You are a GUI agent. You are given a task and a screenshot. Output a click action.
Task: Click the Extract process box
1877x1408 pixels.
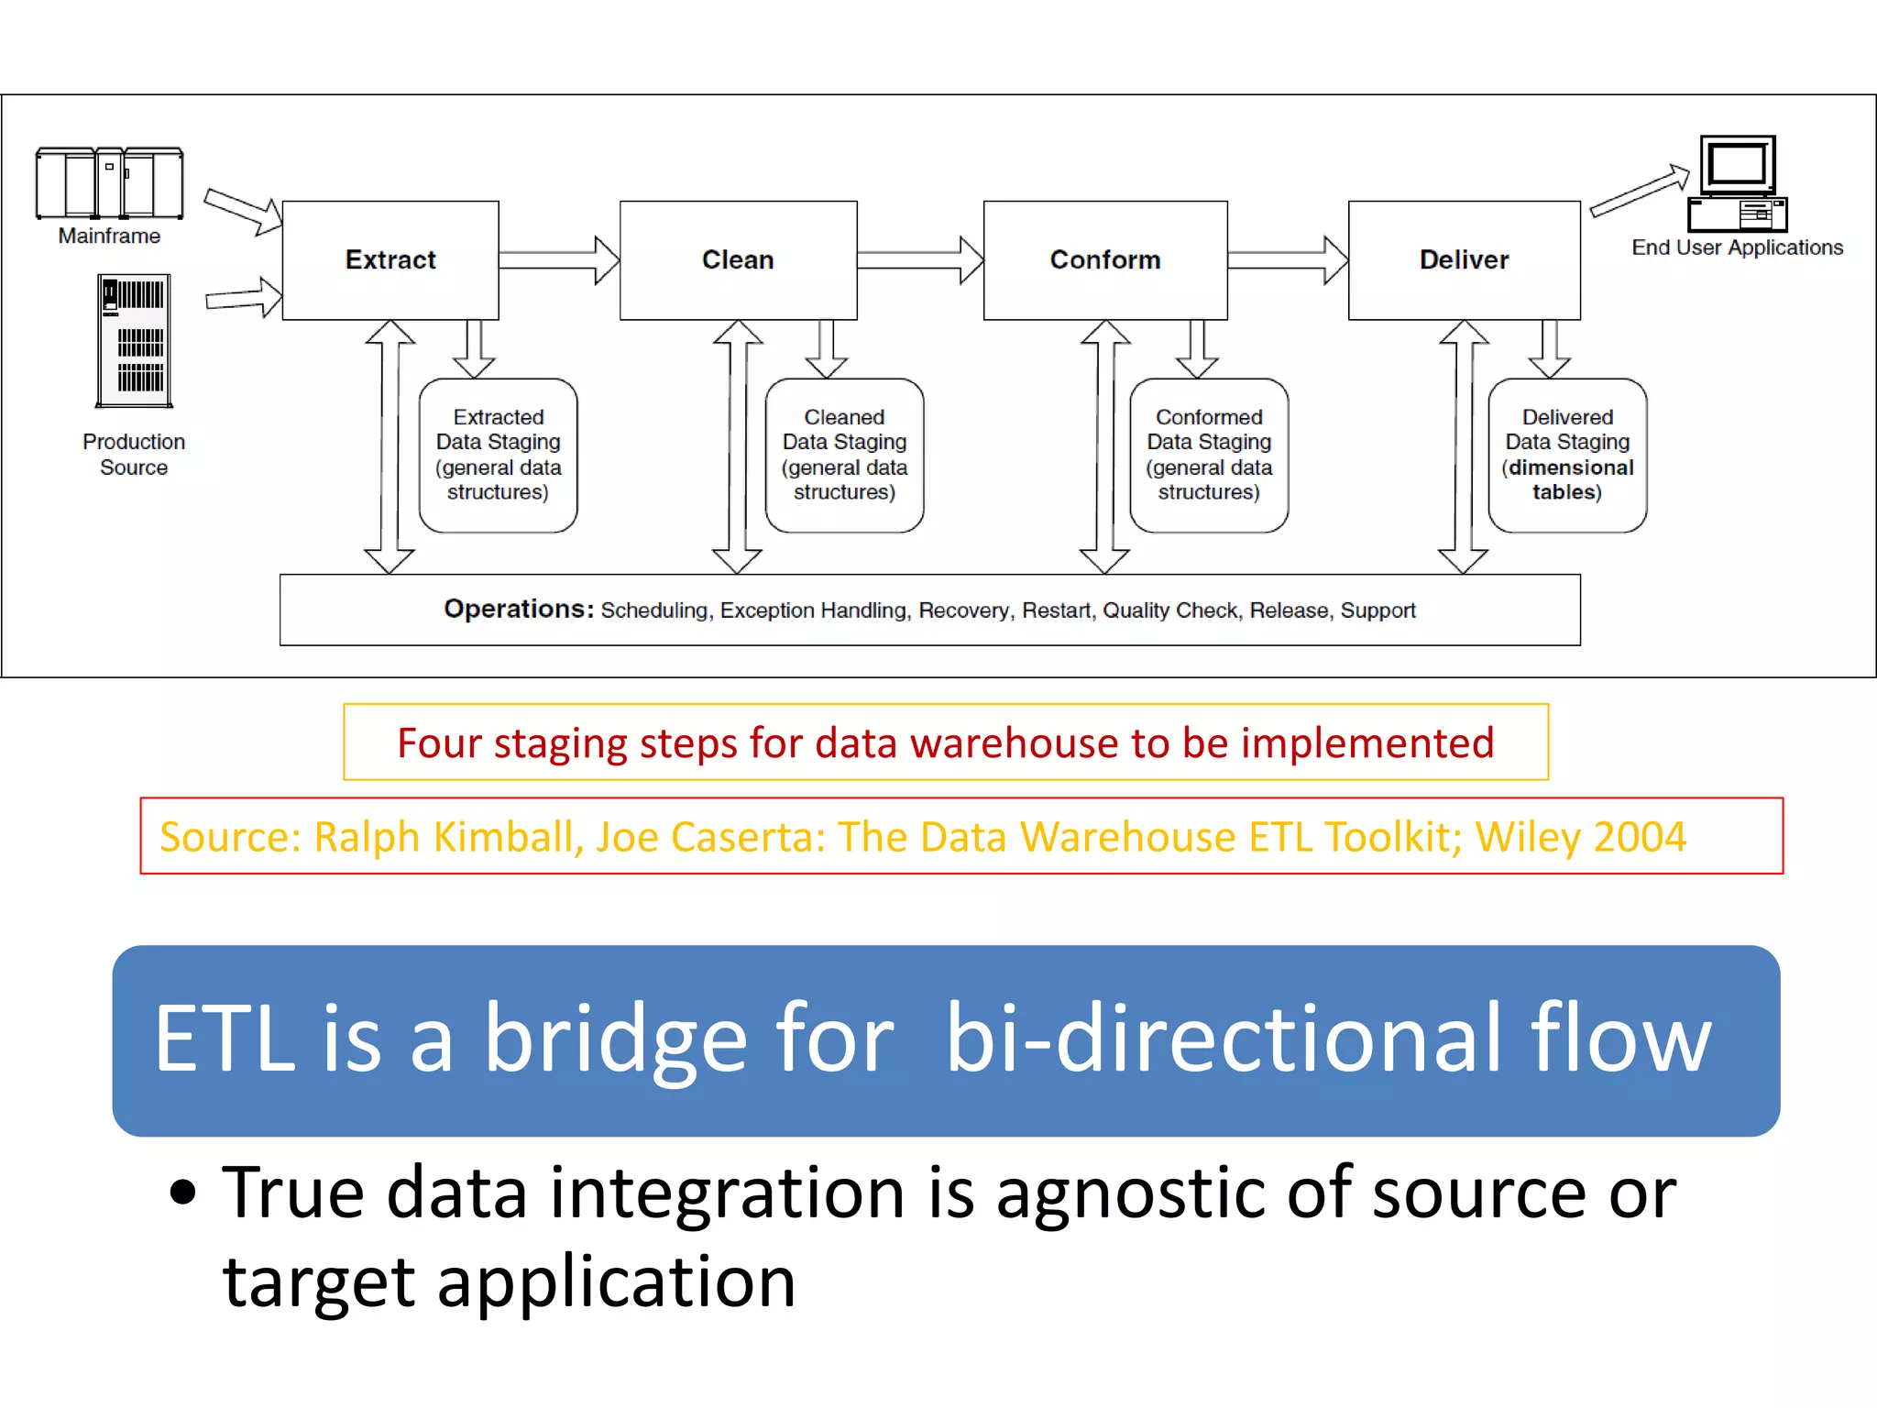pos(390,260)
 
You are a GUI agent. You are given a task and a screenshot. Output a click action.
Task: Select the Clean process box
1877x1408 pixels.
pos(738,260)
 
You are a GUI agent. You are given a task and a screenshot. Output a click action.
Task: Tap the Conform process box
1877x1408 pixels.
pos(1104,260)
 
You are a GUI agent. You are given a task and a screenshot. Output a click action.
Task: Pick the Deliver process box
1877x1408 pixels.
pos(1464,260)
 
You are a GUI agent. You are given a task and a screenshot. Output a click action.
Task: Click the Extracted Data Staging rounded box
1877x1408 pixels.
pos(498,455)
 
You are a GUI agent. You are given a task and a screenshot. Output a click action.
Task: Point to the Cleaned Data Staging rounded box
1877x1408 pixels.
pos(844,455)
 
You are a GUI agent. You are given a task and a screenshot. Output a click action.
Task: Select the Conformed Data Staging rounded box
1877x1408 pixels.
pos(1208,455)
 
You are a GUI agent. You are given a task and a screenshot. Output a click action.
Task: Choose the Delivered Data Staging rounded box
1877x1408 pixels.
pos(1567,455)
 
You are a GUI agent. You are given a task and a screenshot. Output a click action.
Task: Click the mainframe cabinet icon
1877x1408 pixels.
pos(109,182)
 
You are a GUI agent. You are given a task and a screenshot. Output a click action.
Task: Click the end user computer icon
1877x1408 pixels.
pos(1738,183)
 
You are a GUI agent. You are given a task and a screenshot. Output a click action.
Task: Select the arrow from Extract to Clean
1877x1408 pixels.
pos(559,260)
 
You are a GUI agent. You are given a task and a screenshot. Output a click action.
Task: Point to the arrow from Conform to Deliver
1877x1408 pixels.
pos(1288,260)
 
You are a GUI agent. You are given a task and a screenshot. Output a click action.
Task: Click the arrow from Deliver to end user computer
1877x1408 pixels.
pos(1639,191)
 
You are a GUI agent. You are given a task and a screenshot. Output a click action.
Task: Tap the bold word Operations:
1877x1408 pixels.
pos(519,609)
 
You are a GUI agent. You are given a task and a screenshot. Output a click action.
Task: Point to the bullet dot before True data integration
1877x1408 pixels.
pos(183,1193)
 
